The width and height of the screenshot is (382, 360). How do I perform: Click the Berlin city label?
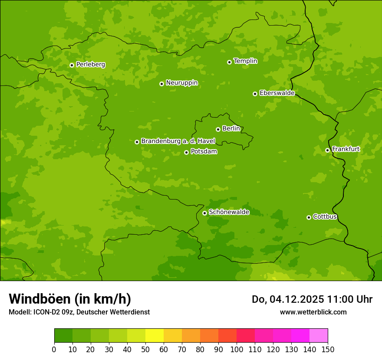(x=231, y=128)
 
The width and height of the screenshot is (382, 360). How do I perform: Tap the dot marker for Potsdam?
(x=186, y=152)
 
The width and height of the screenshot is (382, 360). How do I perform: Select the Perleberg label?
(x=90, y=64)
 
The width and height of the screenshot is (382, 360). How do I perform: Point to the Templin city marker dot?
(x=229, y=62)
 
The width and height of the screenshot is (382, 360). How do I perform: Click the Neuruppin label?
(x=181, y=82)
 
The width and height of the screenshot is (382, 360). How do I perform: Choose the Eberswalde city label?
(x=277, y=93)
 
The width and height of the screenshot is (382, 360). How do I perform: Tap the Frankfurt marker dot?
(x=327, y=150)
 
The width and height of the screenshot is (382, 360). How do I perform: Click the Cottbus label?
(x=325, y=216)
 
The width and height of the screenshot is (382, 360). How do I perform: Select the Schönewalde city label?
(x=229, y=212)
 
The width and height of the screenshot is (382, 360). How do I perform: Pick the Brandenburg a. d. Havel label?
(x=178, y=141)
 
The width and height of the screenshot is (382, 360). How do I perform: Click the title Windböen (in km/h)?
(x=70, y=299)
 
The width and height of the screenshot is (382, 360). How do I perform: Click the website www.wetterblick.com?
(x=313, y=312)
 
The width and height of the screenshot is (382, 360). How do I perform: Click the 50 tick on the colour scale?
(x=145, y=349)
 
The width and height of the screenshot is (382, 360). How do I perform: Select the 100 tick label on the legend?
(x=237, y=349)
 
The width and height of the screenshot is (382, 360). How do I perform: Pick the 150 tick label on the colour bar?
(x=328, y=349)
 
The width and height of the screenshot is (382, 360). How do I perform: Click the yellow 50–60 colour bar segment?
(x=155, y=336)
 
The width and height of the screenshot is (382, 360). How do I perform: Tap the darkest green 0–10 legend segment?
(x=63, y=336)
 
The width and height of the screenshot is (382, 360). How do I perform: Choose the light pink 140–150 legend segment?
(x=319, y=336)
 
